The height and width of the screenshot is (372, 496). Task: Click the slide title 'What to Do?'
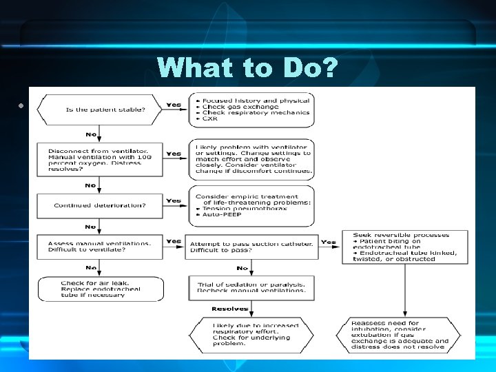tap(248, 67)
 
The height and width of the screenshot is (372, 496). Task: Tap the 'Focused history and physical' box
tap(251, 110)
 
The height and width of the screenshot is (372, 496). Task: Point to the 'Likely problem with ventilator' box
tap(251, 159)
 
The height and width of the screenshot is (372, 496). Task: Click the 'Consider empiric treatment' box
tap(251, 205)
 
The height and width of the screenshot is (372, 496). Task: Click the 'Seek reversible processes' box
tap(403, 247)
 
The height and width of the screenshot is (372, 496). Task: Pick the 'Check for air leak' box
tap(101, 288)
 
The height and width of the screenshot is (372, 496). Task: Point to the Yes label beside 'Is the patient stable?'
tap(174, 105)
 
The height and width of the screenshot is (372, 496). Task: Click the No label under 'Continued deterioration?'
tap(90, 227)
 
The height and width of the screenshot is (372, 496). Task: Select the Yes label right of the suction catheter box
tap(329, 242)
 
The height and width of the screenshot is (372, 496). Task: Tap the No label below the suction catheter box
tap(242, 268)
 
